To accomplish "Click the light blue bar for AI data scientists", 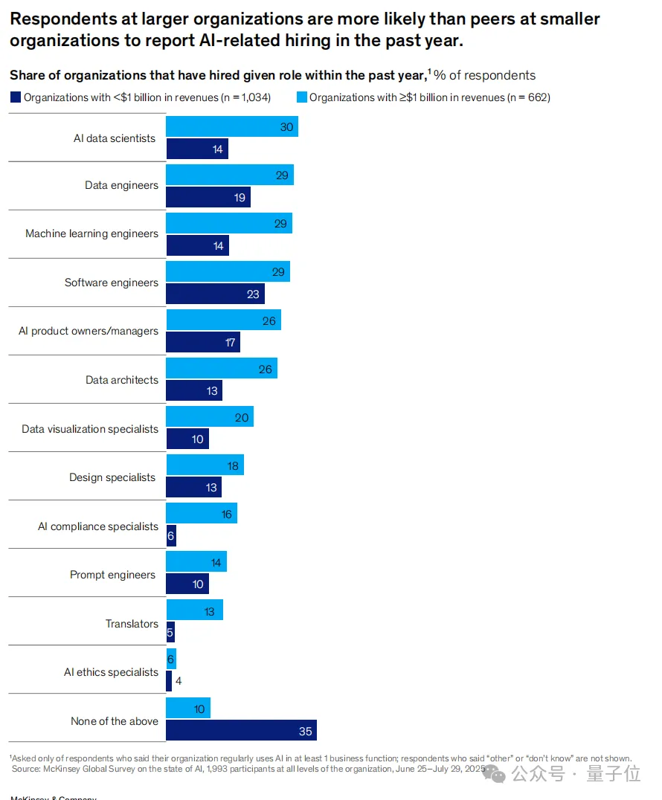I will pyautogui.click(x=231, y=126).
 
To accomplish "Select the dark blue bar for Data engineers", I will pyautogui.click(x=208, y=197).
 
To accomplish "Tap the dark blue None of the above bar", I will pyautogui.click(x=241, y=731).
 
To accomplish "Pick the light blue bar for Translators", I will pyautogui.click(x=194, y=610).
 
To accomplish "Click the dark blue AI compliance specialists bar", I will pyautogui.click(x=171, y=536).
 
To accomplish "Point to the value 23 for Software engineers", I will pyautogui.click(x=253, y=294).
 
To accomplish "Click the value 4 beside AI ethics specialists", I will pyautogui.click(x=179, y=680).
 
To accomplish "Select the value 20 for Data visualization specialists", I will pyautogui.click(x=242, y=418).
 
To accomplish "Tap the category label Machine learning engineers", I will pyautogui.click(x=91, y=233).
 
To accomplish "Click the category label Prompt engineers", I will pyautogui.click(x=112, y=575).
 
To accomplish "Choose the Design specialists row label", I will pyautogui.click(x=112, y=477).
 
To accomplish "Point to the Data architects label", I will pyautogui.click(x=121, y=380).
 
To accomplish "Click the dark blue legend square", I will pyautogui.click(x=15, y=97).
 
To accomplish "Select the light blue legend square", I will pyautogui.click(x=302, y=97).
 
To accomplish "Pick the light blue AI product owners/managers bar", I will pyautogui.click(x=223, y=320).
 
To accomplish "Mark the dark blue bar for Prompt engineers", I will pyautogui.click(x=187, y=584).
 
